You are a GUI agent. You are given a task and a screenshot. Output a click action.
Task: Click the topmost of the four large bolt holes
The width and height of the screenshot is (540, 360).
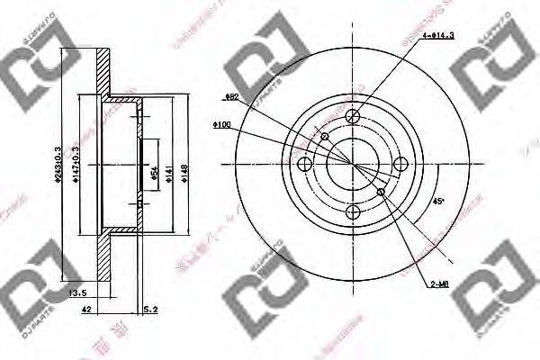(x=352, y=116)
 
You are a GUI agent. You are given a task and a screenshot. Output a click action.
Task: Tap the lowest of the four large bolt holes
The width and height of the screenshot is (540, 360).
(x=352, y=211)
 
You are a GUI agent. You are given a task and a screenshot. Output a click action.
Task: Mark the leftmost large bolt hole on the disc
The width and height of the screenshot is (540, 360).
(x=304, y=164)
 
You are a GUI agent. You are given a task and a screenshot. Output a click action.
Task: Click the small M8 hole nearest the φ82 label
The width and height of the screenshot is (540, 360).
(x=324, y=136)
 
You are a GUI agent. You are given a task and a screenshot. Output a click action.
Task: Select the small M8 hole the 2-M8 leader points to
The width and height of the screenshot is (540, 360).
(x=381, y=192)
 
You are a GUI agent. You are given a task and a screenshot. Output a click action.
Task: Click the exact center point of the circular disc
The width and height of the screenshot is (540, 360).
(x=352, y=164)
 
